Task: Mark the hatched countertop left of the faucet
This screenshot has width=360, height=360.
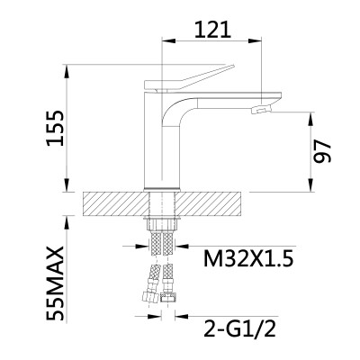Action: tap(113, 202)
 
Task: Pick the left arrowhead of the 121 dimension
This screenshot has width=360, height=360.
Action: tap(166, 40)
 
